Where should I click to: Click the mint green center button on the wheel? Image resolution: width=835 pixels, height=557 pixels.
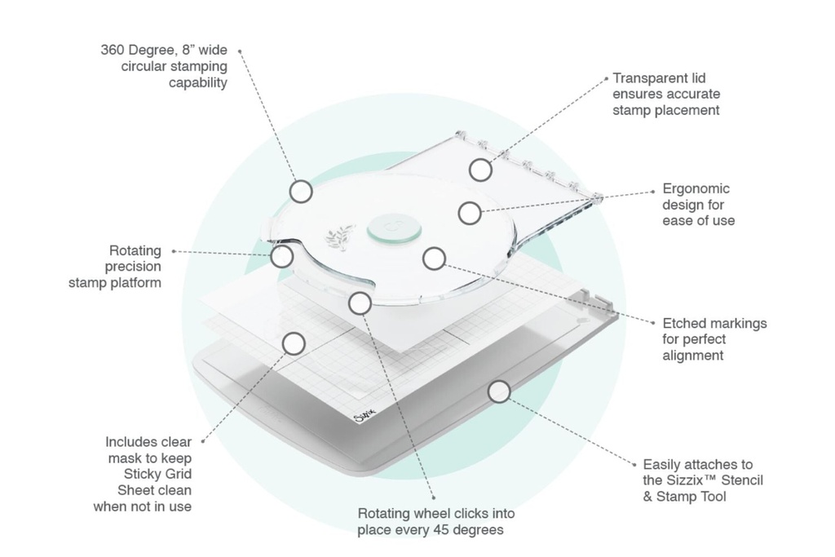(394, 228)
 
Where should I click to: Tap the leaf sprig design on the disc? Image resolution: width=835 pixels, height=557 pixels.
(339, 237)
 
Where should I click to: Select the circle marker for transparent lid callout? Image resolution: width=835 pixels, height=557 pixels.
(480, 170)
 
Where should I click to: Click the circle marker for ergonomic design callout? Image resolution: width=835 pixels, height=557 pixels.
(469, 213)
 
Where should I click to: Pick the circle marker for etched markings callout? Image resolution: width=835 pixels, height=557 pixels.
(435, 259)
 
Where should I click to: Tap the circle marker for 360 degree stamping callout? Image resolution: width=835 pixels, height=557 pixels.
(302, 191)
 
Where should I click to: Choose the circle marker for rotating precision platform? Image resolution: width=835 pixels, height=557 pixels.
(282, 256)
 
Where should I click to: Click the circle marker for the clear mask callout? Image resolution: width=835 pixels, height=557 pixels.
(294, 343)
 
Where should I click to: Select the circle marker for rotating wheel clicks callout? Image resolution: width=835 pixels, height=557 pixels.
(360, 303)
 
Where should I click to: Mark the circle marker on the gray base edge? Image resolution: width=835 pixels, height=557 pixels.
(499, 391)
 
